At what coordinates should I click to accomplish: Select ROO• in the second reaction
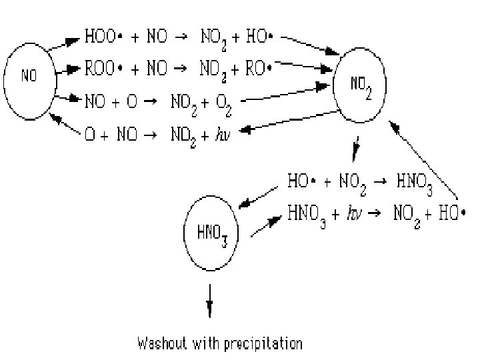pyautogui.click(x=101, y=68)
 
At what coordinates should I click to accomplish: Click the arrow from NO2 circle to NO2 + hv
pyautogui.click(x=287, y=123)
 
